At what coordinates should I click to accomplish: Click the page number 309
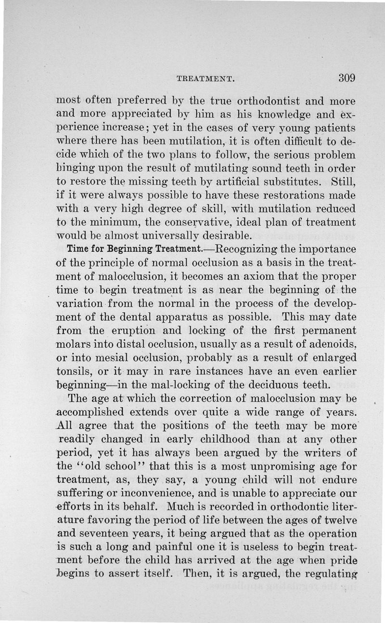346,78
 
